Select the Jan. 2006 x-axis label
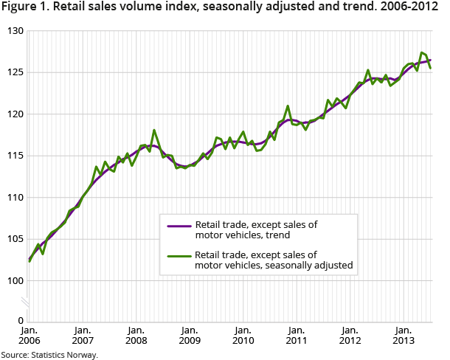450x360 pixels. pyautogui.click(x=30, y=336)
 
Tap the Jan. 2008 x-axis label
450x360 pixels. pyautogui.click(x=136, y=336)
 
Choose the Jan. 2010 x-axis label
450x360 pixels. pyautogui.click(x=243, y=336)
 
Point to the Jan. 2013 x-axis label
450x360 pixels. pyautogui.click(x=404, y=336)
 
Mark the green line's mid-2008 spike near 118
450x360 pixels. pyautogui.click(x=154, y=131)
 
